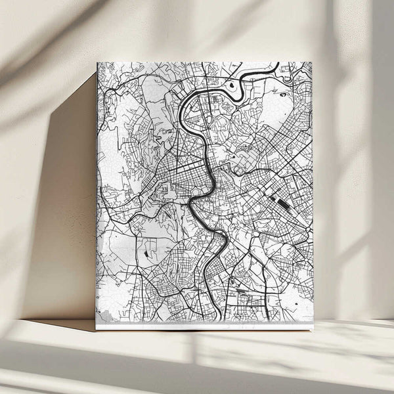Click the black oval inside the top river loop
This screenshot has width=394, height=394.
point(231,85)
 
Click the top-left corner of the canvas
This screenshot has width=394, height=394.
point(97,63)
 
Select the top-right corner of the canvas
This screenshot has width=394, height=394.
point(312,62)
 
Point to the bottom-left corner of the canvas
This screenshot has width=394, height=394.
point(97,328)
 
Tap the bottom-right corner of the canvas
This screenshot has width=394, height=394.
point(313,327)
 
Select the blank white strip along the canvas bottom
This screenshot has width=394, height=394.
point(204,324)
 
